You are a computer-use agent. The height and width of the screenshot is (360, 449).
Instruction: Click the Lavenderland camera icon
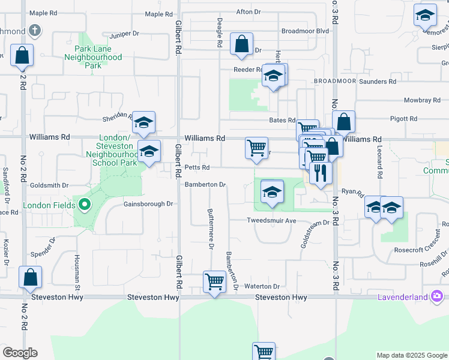(436, 296)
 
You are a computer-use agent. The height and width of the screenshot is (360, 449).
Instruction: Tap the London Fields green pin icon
(84, 205)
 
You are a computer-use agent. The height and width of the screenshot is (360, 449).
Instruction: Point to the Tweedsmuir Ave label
(272, 221)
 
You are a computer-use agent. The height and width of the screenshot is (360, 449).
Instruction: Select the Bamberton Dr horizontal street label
(205, 185)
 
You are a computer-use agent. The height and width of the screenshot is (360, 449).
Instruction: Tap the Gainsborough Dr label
(148, 204)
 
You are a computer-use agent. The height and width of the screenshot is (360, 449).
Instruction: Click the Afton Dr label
(249, 11)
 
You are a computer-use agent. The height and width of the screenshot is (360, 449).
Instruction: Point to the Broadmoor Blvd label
(305, 31)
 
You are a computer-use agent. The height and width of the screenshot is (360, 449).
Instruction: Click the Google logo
(20, 353)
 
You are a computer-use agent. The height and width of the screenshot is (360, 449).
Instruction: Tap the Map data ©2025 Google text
(411, 355)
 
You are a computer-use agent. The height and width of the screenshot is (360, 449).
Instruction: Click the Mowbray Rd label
(418, 101)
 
